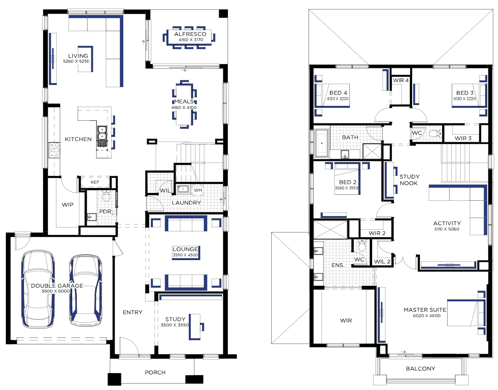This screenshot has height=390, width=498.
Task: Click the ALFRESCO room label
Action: [190, 34]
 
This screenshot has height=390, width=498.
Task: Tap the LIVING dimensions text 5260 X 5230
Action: [76, 61]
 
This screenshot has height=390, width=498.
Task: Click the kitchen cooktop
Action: [54, 150]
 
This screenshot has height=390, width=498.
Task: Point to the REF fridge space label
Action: [95, 182]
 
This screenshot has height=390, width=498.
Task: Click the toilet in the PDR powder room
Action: [106, 196]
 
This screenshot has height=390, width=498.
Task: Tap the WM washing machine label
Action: [198, 190]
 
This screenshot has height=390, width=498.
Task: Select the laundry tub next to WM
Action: [183, 189]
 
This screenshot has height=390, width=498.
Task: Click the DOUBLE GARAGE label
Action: [57, 286]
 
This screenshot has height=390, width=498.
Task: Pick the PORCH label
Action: [155, 373]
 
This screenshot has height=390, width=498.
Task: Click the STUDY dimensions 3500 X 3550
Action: [175, 325]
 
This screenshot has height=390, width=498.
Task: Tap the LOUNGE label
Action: [185, 249]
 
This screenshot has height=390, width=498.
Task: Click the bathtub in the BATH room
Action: [322, 143]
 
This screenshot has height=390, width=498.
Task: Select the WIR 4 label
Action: [401, 80]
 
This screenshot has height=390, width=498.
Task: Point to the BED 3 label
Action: [465, 93]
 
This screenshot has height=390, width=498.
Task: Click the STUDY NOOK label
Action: [409, 180]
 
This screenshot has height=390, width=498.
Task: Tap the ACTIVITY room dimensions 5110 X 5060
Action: [447, 229]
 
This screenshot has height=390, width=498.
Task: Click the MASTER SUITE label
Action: [425, 310]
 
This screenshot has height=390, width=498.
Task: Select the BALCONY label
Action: [420, 369]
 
